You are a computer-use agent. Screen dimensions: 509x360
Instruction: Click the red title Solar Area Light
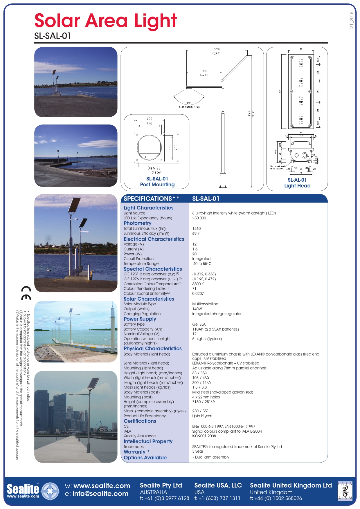[x=106, y=21]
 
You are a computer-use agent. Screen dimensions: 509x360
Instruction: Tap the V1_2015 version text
[x=351, y=20]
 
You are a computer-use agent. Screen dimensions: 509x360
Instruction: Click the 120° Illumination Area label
[x=189, y=105]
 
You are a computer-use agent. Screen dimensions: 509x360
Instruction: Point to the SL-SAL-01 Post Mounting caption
[x=157, y=182]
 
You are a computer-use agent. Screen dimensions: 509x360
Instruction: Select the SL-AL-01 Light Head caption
[x=297, y=183]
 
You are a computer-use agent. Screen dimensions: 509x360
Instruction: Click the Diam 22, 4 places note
[x=154, y=170]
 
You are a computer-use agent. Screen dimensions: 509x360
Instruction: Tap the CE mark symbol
[x=26, y=293]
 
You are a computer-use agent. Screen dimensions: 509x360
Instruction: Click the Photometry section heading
[x=138, y=223]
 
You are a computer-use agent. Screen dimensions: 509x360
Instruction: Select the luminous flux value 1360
[x=197, y=228]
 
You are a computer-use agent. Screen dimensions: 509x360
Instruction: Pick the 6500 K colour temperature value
[x=198, y=284]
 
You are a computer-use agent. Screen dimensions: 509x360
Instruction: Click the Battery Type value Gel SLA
[x=199, y=324]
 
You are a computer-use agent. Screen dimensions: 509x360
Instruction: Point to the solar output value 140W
[x=197, y=309]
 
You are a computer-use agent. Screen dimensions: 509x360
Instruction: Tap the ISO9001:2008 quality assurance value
[x=204, y=436]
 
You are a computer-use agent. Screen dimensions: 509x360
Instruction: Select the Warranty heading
[x=134, y=452]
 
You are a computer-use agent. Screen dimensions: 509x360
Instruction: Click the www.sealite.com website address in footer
[x=102, y=486]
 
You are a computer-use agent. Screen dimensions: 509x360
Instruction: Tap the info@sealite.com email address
[x=100, y=494]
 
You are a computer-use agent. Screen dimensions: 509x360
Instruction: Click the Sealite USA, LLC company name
[x=218, y=485]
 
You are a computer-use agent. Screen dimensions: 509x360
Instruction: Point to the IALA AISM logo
[x=345, y=491]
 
